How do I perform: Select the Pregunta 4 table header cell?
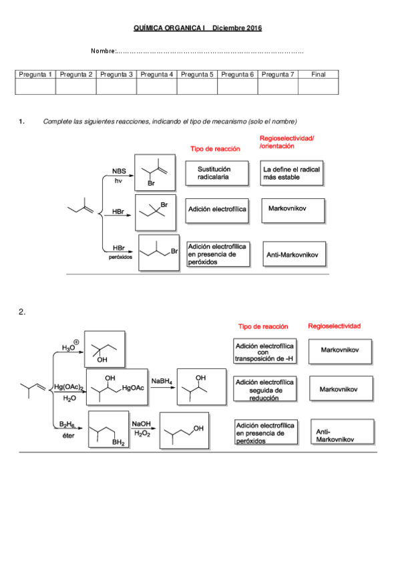[156, 74]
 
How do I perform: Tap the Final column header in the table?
[319, 74]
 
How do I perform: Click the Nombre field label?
[104, 51]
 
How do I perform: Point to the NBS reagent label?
[118, 170]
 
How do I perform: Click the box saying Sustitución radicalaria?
[214, 174]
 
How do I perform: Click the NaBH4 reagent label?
[162, 380]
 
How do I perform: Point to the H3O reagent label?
[69, 347]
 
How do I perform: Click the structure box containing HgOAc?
[116, 387]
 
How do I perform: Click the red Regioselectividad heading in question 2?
[334, 326]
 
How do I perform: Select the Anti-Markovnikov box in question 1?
[294, 255]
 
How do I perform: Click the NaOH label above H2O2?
[141, 424]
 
